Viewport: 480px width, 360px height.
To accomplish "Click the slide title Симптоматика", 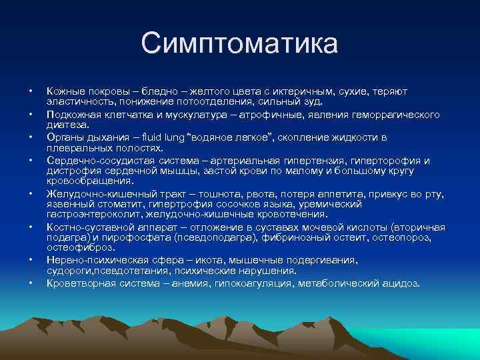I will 239,43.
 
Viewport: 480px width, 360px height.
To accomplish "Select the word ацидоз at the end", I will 401,283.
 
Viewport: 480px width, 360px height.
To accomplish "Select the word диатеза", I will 67,124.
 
